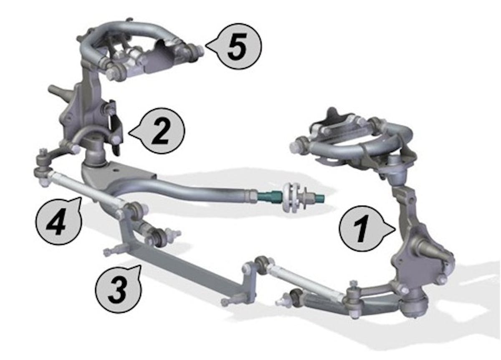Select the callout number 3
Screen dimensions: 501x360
pos(119,290)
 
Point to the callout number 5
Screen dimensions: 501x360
pos(237,46)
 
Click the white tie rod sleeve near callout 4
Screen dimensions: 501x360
pos(85,190)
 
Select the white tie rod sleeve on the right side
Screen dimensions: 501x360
pos(306,282)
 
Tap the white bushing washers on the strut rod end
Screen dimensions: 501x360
pos(290,197)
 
